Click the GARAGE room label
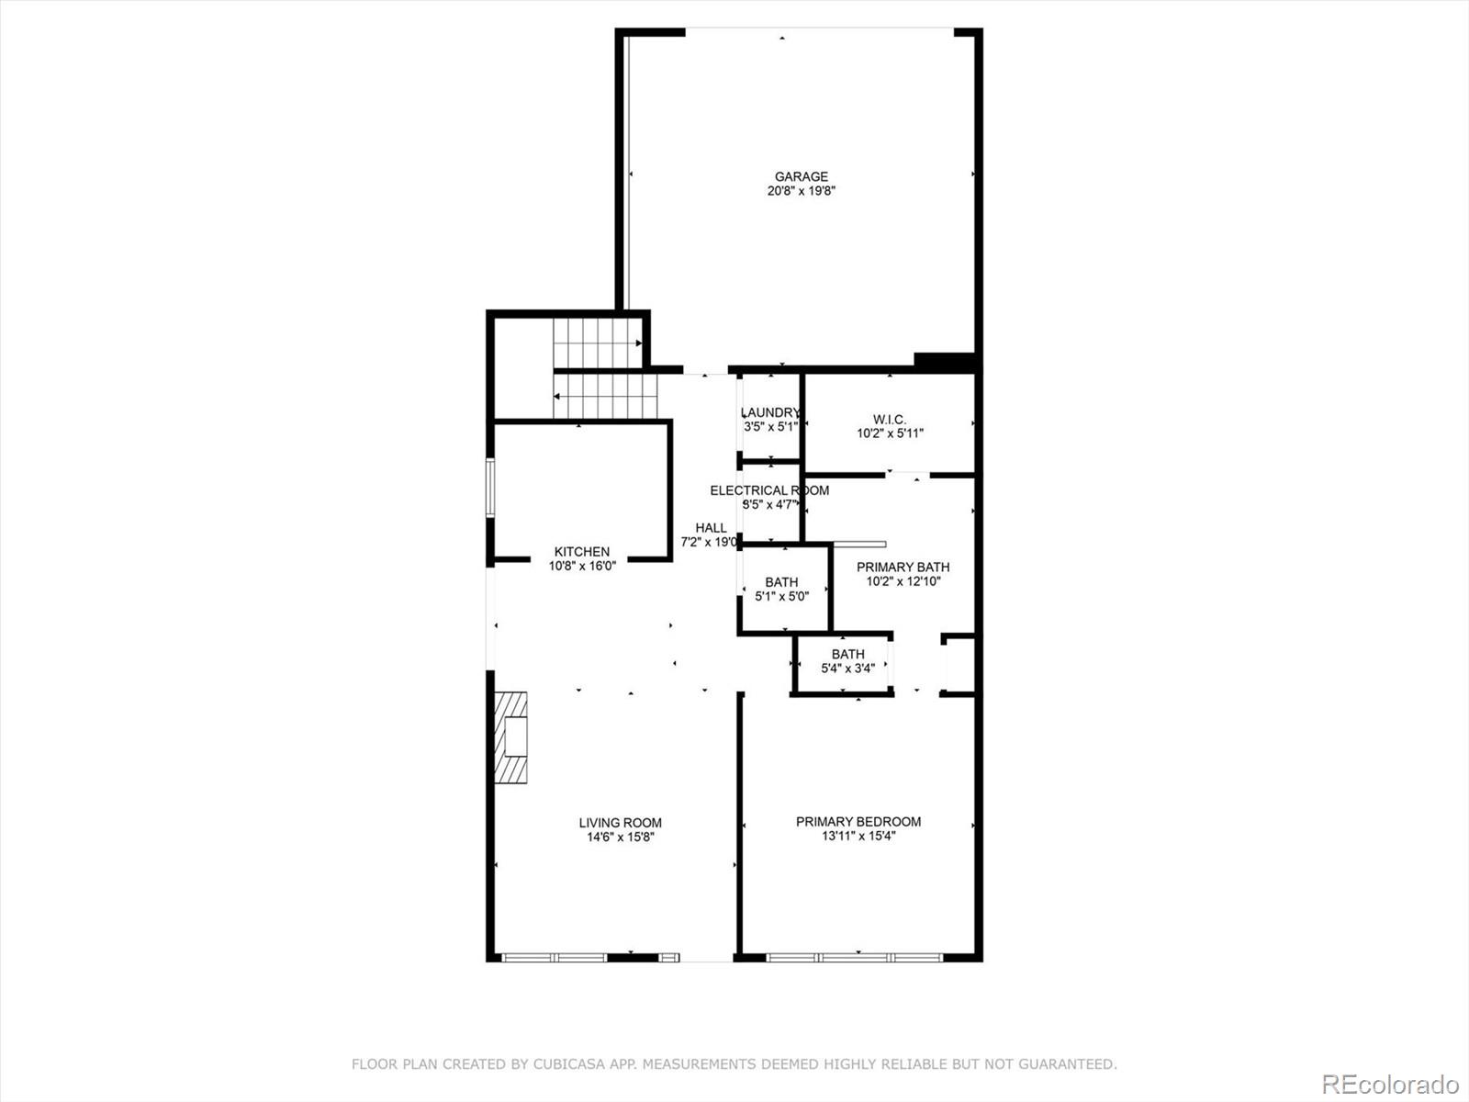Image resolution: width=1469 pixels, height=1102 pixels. point(801,176)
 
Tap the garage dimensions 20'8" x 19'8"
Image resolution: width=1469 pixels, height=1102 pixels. point(801,191)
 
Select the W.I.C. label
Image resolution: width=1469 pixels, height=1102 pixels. point(890,420)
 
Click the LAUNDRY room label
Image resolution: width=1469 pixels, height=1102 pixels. point(770,412)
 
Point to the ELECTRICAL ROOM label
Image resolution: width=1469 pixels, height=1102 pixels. point(769,490)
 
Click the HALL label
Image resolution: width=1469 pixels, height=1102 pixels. point(711,528)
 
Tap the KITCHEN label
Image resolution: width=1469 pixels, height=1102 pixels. point(581,552)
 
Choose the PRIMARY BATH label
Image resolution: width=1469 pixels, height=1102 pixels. point(903,567)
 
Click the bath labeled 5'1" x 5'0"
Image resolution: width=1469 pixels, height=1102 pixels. point(781,582)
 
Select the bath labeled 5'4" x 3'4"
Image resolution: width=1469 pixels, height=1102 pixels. point(847,655)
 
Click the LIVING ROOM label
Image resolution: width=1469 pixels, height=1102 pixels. point(620,823)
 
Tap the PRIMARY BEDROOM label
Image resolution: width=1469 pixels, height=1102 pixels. point(858,822)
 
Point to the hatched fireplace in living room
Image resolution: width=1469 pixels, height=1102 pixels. point(512,737)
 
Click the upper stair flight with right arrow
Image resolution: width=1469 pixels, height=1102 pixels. point(597,343)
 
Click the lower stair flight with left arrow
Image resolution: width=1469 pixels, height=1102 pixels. point(606,395)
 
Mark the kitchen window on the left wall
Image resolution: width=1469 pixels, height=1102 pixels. point(491,488)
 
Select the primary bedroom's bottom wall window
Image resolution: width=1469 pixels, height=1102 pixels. point(854,957)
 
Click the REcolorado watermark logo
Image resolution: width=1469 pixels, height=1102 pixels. point(1389,1084)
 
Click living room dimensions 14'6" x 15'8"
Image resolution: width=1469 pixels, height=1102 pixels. point(620,838)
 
